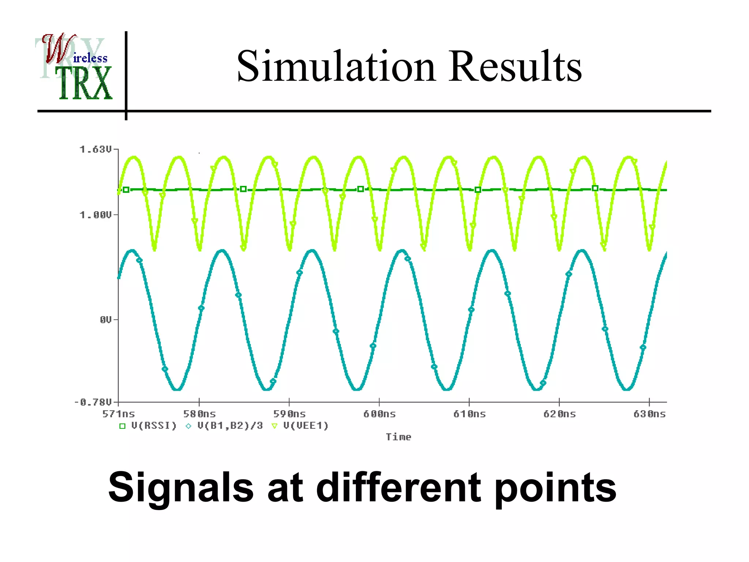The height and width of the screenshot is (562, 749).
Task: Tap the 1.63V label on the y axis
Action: pos(95,150)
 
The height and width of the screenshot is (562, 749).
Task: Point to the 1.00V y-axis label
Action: pos(95,215)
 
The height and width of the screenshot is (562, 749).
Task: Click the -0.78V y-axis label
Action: pos(93,403)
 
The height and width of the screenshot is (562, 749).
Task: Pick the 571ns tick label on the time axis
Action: pos(118,414)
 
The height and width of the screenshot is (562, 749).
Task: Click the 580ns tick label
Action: pos(199,414)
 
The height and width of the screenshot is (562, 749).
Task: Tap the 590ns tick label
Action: pos(289,414)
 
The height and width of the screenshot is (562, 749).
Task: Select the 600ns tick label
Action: pos(379,414)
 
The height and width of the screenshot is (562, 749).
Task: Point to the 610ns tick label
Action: pos(469,414)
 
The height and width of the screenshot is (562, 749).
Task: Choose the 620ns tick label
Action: pos(559,414)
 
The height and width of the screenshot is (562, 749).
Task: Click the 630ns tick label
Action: pos(649,414)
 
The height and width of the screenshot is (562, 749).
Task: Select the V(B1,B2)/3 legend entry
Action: pos(230,426)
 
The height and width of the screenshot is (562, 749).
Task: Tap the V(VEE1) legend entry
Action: pos(306,426)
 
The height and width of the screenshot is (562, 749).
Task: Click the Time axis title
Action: pos(398,437)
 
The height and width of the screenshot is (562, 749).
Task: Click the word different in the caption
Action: pos(398,487)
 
